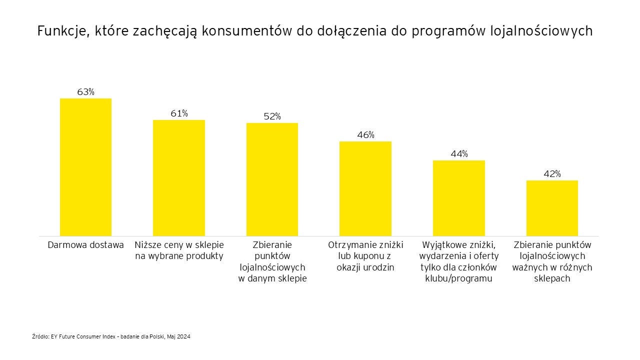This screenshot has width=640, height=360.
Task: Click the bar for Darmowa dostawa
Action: coord(85,167)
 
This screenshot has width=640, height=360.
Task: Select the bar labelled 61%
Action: coord(179,177)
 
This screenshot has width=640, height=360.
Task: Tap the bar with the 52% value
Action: coord(272,179)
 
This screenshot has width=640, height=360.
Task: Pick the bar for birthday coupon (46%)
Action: coord(365,188)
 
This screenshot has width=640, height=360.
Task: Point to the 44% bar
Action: coord(458,198)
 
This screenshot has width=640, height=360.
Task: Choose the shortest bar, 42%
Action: coord(552,208)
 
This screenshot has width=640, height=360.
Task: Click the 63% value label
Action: coord(85,92)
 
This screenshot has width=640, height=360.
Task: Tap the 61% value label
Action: coord(179,113)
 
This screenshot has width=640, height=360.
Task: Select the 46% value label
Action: coord(365,135)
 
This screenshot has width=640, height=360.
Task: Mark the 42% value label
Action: coord(552,174)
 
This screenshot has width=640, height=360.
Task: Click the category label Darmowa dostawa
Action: coord(85,245)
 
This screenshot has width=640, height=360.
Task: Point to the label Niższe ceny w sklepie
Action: coord(179,245)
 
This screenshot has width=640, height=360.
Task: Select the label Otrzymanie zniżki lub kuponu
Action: coord(365,250)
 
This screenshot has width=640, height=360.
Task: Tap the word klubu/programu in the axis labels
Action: coord(458,279)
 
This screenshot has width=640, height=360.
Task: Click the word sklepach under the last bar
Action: coord(552,279)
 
